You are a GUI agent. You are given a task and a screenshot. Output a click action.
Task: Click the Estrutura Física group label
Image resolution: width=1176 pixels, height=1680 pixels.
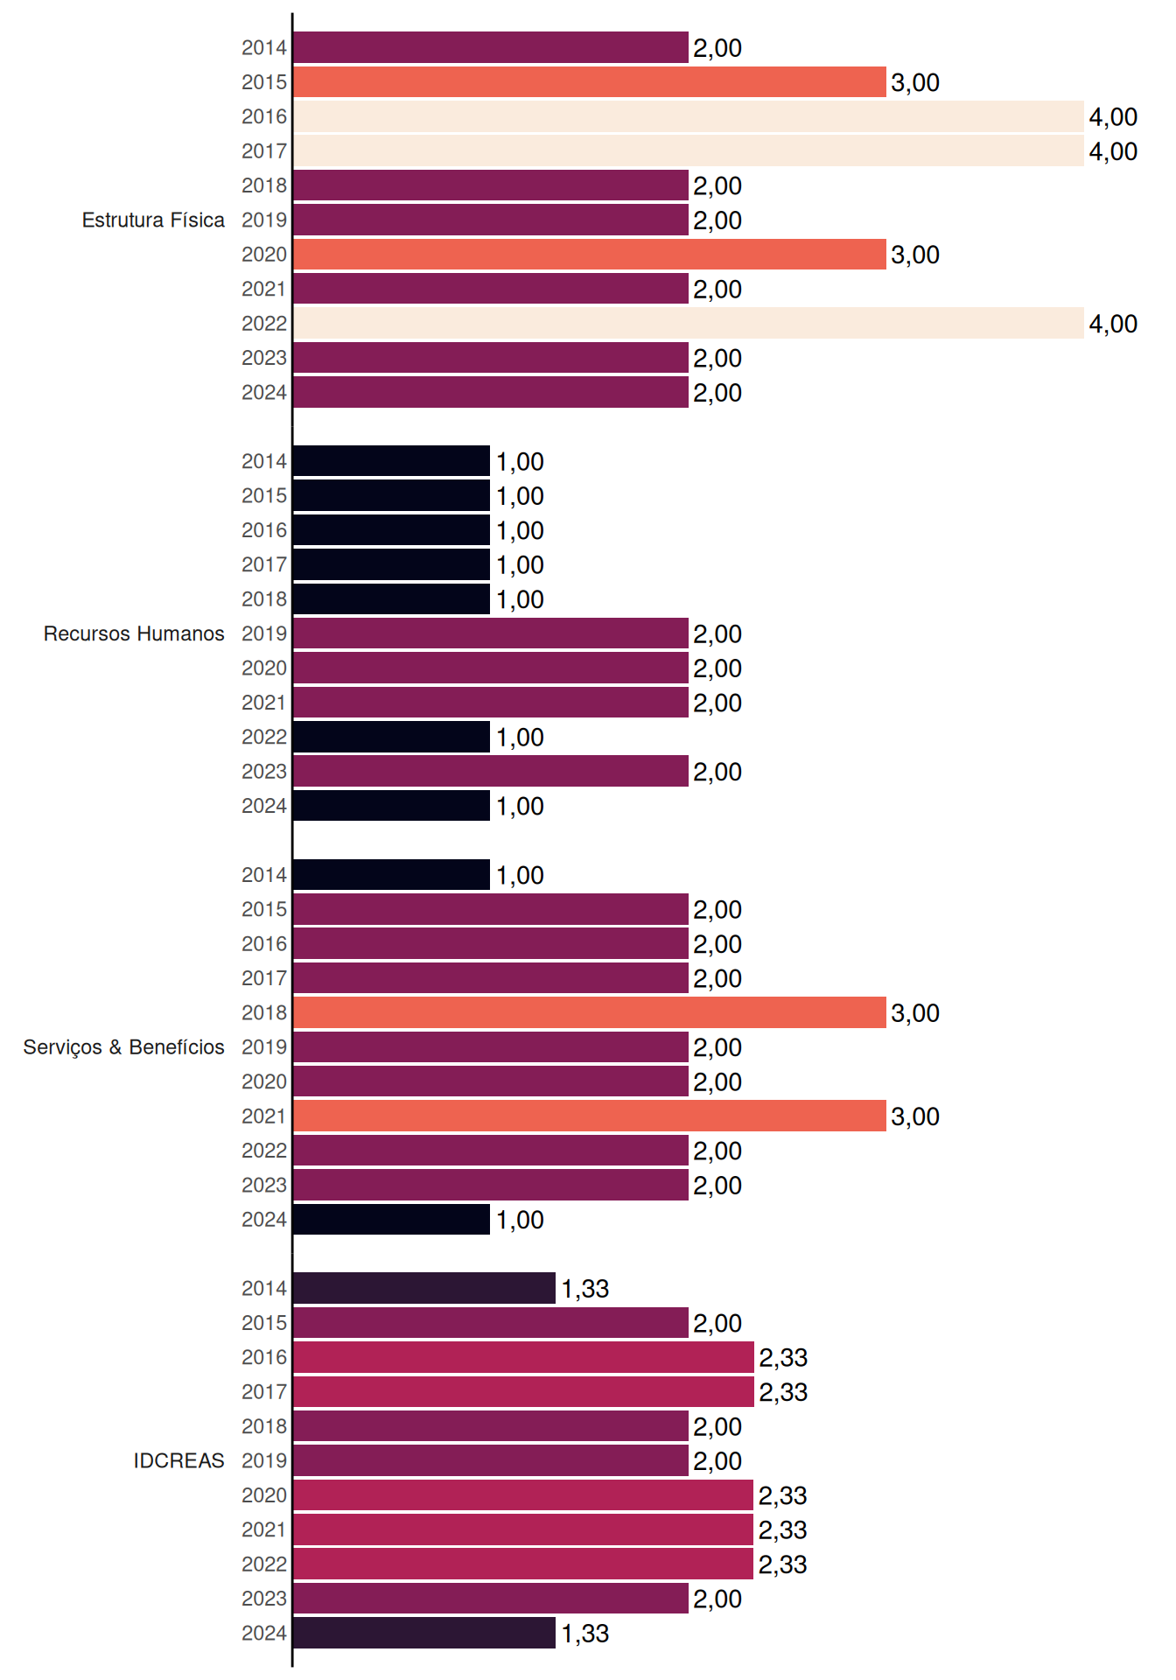(153, 220)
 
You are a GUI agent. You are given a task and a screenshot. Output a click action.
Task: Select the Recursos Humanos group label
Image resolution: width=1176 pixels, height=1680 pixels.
(134, 633)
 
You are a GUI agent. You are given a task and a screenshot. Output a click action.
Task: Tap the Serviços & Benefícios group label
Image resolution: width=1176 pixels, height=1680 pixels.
(123, 1047)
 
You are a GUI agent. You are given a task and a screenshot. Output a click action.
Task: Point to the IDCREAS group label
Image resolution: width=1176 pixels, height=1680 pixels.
(178, 1460)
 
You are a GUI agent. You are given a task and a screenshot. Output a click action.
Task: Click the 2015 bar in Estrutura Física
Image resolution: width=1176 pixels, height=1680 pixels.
(590, 82)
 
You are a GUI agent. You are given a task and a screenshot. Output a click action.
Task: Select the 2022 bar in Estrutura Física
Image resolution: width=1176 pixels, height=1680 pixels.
(689, 323)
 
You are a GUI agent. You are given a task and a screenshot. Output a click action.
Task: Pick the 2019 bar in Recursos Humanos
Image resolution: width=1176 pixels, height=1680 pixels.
(491, 633)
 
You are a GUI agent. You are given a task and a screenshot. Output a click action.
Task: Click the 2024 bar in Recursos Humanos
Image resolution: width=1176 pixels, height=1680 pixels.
(392, 806)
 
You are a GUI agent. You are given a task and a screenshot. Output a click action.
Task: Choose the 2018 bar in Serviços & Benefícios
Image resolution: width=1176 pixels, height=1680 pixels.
(590, 1012)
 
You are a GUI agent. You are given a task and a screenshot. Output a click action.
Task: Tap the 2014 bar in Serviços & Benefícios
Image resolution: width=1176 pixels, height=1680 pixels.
(392, 875)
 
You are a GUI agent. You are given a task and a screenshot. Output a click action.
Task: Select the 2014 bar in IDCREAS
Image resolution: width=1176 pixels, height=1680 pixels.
(424, 1288)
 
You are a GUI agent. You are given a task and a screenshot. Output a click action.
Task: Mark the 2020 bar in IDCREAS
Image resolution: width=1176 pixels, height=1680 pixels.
(523, 1495)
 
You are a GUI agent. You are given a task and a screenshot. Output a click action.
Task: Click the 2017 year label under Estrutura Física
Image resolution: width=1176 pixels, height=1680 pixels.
(264, 151)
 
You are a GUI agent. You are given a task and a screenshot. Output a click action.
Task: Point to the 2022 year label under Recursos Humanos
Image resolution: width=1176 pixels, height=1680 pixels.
(264, 737)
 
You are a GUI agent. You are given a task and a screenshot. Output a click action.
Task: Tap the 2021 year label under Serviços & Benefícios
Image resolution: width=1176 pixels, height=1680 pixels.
(264, 1116)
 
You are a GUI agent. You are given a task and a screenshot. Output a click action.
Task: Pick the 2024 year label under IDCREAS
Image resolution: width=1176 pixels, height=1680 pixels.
(264, 1633)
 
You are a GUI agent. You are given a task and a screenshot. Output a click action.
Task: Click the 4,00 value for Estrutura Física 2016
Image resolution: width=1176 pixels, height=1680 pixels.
(1113, 117)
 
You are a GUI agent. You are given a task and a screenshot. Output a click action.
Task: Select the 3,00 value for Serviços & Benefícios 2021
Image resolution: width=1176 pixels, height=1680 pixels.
(915, 1116)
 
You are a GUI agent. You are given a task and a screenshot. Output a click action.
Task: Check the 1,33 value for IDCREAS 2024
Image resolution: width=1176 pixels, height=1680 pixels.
(584, 1634)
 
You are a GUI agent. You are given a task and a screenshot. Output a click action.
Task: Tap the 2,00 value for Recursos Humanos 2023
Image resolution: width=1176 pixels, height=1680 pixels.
(717, 772)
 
